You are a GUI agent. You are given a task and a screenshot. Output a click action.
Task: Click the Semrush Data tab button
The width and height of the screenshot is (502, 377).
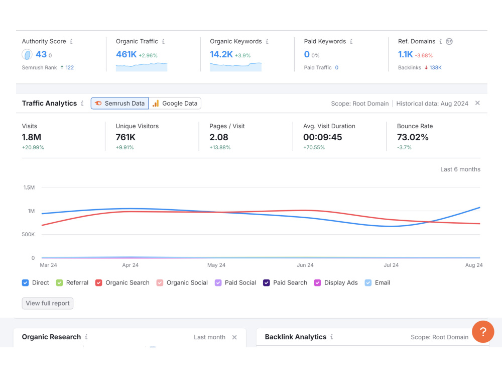click(120, 103)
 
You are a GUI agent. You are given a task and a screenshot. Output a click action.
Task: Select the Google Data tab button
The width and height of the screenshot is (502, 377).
click(175, 103)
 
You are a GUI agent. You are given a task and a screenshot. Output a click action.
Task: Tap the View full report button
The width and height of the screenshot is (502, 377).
click(47, 303)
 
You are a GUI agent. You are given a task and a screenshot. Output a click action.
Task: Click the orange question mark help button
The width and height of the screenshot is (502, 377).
click(483, 332)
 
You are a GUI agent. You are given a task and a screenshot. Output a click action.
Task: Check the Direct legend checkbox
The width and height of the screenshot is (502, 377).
click(25, 282)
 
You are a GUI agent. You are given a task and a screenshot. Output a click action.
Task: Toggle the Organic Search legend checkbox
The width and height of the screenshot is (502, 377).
click(98, 282)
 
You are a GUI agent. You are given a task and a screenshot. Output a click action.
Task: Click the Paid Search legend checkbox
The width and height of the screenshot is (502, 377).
click(267, 282)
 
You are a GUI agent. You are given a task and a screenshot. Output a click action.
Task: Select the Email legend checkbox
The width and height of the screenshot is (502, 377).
click(368, 282)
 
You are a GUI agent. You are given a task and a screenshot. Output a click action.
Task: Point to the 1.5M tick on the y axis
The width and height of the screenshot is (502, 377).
click(29, 187)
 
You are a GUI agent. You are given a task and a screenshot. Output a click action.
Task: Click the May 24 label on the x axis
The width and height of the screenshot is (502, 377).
click(216, 265)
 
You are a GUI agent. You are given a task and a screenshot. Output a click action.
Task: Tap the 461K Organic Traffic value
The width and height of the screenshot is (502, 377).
click(126, 54)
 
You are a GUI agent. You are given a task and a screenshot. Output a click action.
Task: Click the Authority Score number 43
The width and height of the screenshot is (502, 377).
click(41, 54)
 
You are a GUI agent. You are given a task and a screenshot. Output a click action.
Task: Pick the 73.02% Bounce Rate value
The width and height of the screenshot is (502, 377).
click(413, 137)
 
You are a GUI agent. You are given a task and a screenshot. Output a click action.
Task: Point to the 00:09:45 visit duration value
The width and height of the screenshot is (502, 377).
click(323, 137)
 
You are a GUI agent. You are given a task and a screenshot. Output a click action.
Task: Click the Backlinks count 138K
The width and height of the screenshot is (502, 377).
click(436, 68)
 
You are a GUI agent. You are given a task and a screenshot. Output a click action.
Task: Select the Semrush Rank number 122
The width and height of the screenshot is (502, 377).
click(69, 68)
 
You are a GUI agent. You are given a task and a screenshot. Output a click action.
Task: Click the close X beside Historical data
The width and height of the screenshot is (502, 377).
click(477, 103)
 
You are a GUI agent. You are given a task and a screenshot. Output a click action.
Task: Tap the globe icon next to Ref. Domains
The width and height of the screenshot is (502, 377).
click(449, 41)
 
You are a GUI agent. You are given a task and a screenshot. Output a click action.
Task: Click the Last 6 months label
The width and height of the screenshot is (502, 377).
click(460, 169)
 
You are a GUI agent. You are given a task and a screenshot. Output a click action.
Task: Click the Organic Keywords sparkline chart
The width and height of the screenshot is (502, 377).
click(235, 67)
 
